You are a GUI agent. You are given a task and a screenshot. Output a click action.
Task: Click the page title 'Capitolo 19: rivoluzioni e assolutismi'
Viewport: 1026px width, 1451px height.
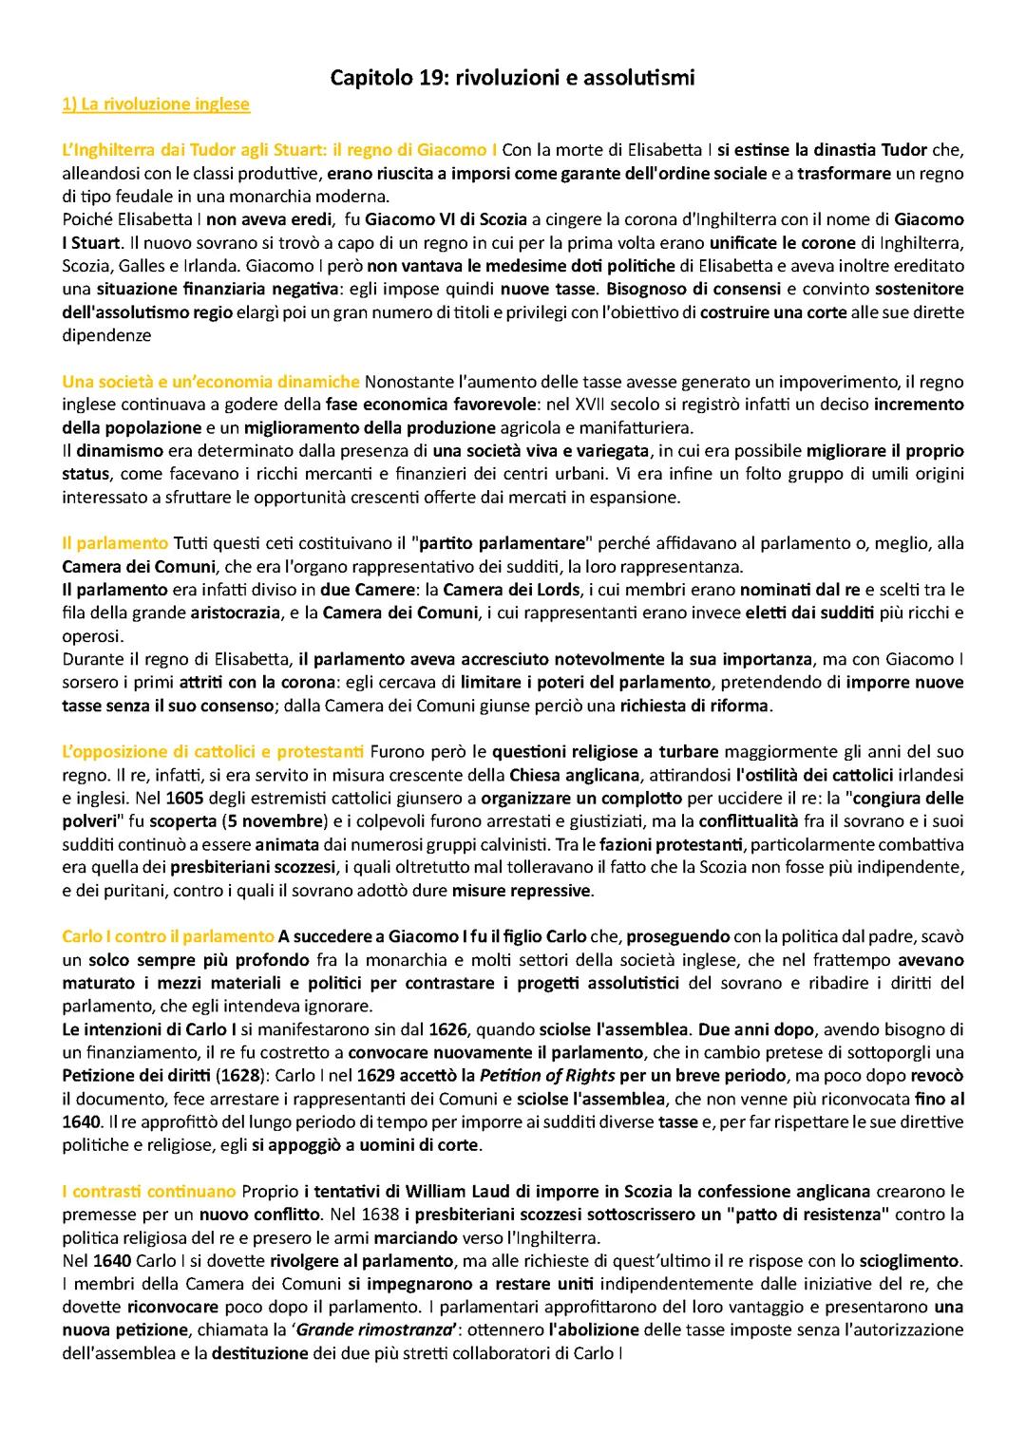pos(512,79)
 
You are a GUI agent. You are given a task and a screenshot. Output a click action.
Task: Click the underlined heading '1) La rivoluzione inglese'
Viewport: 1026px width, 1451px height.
pos(155,104)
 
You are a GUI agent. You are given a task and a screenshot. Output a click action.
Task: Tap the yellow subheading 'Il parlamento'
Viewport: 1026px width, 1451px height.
pos(114,543)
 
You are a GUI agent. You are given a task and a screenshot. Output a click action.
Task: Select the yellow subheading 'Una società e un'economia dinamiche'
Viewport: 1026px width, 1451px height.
pos(211,382)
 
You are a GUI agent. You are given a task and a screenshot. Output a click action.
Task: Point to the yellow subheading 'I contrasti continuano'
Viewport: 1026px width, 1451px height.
pos(149,1191)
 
